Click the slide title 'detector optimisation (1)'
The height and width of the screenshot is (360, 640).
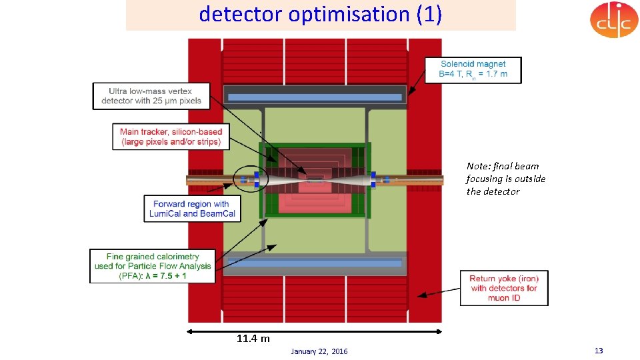(x=320, y=15)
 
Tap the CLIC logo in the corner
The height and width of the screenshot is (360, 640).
(x=613, y=19)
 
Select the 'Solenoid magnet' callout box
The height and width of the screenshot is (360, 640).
(x=473, y=69)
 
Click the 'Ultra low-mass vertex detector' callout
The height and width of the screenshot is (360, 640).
(x=151, y=95)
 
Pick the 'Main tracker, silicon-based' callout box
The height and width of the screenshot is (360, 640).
(x=171, y=137)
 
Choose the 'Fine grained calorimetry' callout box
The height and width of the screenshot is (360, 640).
(x=153, y=266)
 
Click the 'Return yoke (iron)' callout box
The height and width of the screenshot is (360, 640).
(x=503, y=288)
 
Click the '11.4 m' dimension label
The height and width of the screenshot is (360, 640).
(x=253, y=339)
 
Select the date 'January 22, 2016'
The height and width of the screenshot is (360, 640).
(x=319, y=351)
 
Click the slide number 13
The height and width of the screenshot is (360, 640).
(x=598, y=351)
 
